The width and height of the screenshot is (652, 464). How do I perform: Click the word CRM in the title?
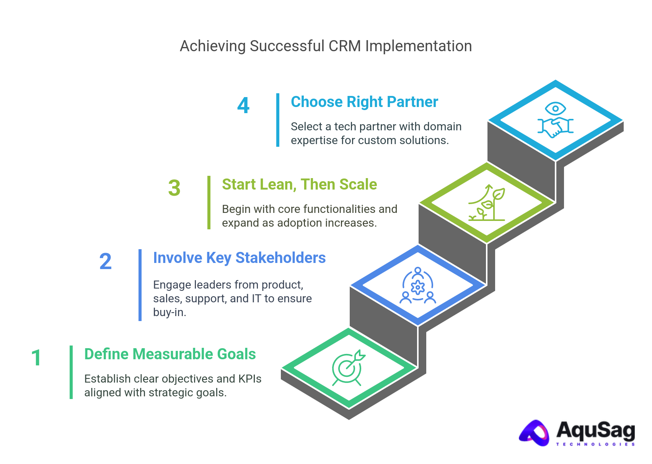coord(344,46)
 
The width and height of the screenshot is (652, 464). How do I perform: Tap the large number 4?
coord(243,105)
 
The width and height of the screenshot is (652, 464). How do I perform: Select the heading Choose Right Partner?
coord(364,102)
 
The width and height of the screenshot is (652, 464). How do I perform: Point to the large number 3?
coord(174,188)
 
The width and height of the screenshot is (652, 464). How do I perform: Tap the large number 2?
coord(106,261)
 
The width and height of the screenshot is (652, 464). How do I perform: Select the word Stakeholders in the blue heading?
coord(280,258)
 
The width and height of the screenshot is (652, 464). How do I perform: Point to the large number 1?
coord(36,358)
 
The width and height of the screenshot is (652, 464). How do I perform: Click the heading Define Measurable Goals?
coord(170,354)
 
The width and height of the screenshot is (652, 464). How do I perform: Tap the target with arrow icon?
coord(348,368)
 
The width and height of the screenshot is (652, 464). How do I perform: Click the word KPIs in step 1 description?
coord(250,379)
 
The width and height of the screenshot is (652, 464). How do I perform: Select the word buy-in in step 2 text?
coord(170,312)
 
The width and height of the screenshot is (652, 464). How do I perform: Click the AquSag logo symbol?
coord(535,433)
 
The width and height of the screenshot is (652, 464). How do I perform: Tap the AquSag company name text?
coord(595,430)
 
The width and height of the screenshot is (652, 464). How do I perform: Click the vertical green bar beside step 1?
coord(71,372)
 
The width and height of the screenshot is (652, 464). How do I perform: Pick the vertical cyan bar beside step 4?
coord(278,120)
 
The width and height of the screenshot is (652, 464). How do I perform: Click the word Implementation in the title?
coord(418,46)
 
